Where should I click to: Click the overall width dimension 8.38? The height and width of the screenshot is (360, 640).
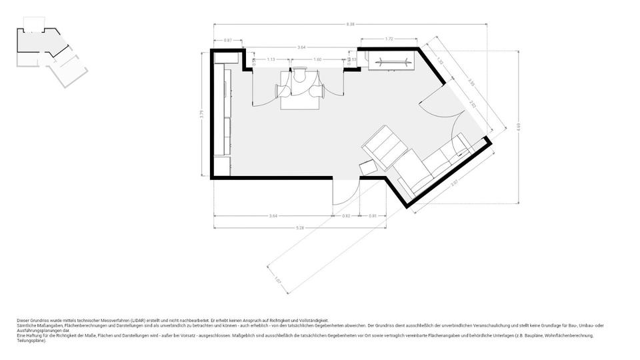coord(351,25)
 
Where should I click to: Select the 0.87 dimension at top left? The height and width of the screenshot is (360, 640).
coord(228,41)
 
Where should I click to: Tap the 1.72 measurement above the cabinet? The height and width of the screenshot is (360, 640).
coord(389,39)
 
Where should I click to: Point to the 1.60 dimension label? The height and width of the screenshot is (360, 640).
coord(317,59)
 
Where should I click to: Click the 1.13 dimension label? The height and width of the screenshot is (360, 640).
coord(271,59)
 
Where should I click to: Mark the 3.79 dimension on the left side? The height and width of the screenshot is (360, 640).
coord(201,114)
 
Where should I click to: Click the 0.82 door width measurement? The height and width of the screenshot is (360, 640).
coord(346,215)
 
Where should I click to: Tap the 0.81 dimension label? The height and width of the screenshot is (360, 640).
coord(373,215)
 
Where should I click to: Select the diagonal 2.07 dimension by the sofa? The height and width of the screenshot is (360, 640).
coord(455,182)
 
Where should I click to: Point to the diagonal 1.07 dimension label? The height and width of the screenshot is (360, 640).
coord(278,281)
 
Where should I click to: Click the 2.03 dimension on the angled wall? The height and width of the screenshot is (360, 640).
coord(473,105)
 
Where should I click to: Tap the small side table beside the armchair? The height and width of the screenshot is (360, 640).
coord(367,167)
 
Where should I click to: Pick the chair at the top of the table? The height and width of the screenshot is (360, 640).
coord(299,75)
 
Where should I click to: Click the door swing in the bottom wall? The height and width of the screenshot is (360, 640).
coord(344,193)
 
